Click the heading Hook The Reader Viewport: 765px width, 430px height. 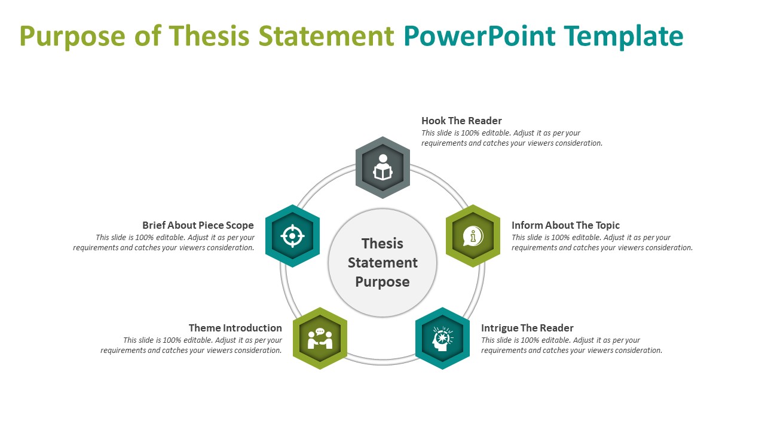tap(461, 121)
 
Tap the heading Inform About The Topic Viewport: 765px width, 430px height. tap(565, 225)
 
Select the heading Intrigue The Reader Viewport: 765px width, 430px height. tap(527, 328)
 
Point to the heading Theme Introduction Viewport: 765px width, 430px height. tap(235, 328)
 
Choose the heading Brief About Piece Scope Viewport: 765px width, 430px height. tap(198, 225)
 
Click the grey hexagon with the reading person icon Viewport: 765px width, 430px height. tap(382, 167)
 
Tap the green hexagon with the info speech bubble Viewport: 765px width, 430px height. tap(473, 236)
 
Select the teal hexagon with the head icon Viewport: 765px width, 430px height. tap(442, 339)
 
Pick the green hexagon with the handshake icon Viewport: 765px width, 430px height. tap(320, 339)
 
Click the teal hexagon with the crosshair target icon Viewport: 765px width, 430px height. tap(292, 236)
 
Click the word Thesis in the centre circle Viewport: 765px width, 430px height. tap(382, 244)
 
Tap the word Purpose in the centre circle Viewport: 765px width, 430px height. tap(382, 282)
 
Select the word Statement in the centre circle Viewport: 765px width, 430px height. tap(382, 263)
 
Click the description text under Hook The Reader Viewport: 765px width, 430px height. tap(512, 138)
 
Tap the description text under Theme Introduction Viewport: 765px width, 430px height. tap(191, 345)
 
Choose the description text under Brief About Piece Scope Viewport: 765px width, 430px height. tap(164, 242)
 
